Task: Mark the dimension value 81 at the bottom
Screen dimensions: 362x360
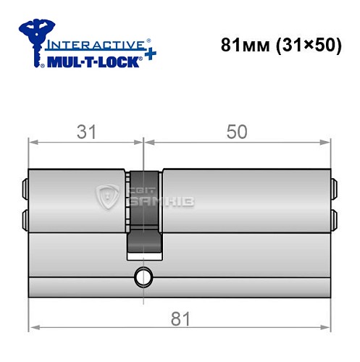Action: [180, 316]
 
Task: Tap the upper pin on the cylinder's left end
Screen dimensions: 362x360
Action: [26, 190]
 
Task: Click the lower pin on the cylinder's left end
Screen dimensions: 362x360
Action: [26, 218]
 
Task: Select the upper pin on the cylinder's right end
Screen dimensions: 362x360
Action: [334, 190]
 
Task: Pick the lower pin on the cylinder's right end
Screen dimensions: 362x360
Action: [334, 218]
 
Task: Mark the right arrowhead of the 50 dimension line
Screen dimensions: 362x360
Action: [328, 142]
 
